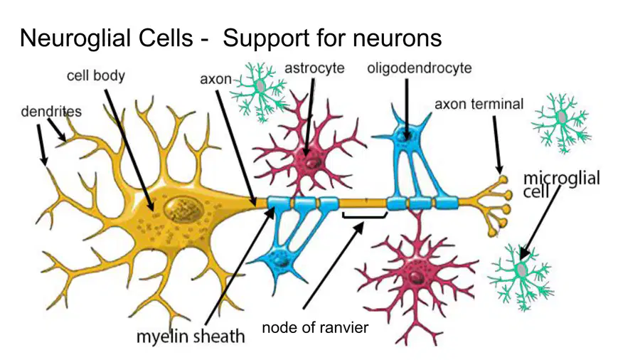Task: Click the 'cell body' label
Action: (x=96, y=76)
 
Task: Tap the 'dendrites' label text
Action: (x=51, y=112)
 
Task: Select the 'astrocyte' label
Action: (x=314, y=68)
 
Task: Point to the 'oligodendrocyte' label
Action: (x=419, y=68)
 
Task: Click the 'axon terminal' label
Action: (x=479, y=104)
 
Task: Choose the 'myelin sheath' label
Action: (x=191, y=337)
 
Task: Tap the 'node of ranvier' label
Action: (x=315, y=327)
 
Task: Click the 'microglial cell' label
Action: (x=561, y=184)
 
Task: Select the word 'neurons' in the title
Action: (x=397, y=39)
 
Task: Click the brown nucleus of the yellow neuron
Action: (x=183, y=210)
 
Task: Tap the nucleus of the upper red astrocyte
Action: (x=314, y=163)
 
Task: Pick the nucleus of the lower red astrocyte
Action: (x=416, y=277)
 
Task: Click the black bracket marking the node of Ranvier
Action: (x=365, y=216)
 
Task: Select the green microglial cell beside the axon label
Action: (x=260, y=92)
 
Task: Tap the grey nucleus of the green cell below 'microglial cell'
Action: (x=522, y=270)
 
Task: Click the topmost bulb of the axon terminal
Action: (x=503, y=179)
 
